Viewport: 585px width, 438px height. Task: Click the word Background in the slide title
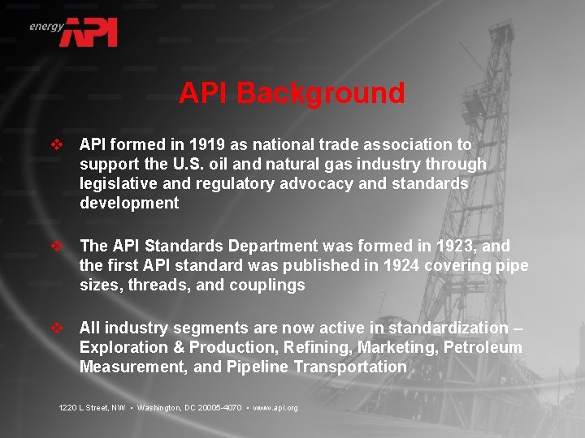click(x=321, y=93)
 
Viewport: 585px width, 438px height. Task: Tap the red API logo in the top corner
click(x=92, y=32)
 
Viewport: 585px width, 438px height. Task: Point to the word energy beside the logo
click(x=46, y=26)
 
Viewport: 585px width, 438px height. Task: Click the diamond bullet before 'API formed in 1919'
click(x=57, y=145)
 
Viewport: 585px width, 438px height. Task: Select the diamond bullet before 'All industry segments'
click(x=57, y=328)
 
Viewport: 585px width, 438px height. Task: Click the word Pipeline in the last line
click(x=259, y=367)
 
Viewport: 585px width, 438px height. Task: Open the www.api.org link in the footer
click(x=275, y=407)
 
